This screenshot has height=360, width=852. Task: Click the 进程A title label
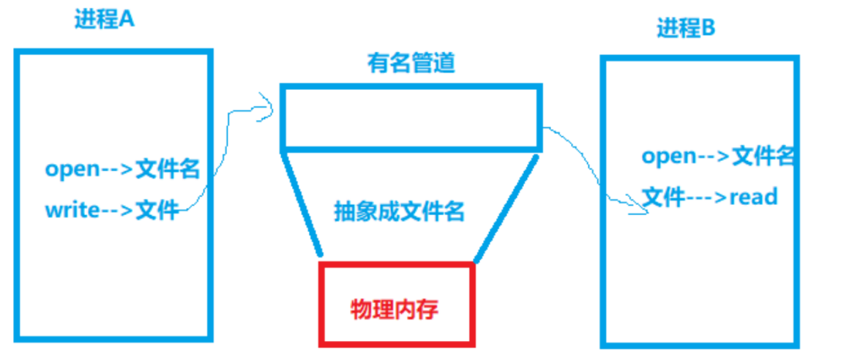[x=104, y=20]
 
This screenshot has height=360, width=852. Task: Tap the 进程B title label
[x=685, y=29]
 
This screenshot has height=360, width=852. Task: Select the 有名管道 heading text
[x=411, y=63]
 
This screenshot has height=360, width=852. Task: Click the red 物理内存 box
[x=396, y=303]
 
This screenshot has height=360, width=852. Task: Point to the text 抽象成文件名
[x=399, y=212]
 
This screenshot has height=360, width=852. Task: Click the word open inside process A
[x=72, y=169]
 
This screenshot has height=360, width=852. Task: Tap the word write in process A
[x=72, y=210]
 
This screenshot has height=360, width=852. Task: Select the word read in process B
[x=753, y=197]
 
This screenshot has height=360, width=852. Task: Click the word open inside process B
[x=668, y=156]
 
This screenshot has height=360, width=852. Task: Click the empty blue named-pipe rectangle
[x=411, y=118]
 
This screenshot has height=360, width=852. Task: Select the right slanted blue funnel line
[x=506, y=206]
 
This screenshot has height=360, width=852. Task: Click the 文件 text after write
[x=157, y=210]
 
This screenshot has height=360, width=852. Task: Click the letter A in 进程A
[x=127, y=20]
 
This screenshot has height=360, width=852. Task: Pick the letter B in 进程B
[x=708, y=29]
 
